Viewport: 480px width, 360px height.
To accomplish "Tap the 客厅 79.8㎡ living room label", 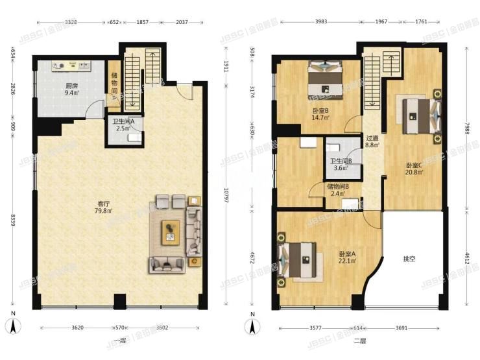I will (x=103, y=207).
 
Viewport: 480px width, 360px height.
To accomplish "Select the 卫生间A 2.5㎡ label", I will (x=123, y=125).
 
